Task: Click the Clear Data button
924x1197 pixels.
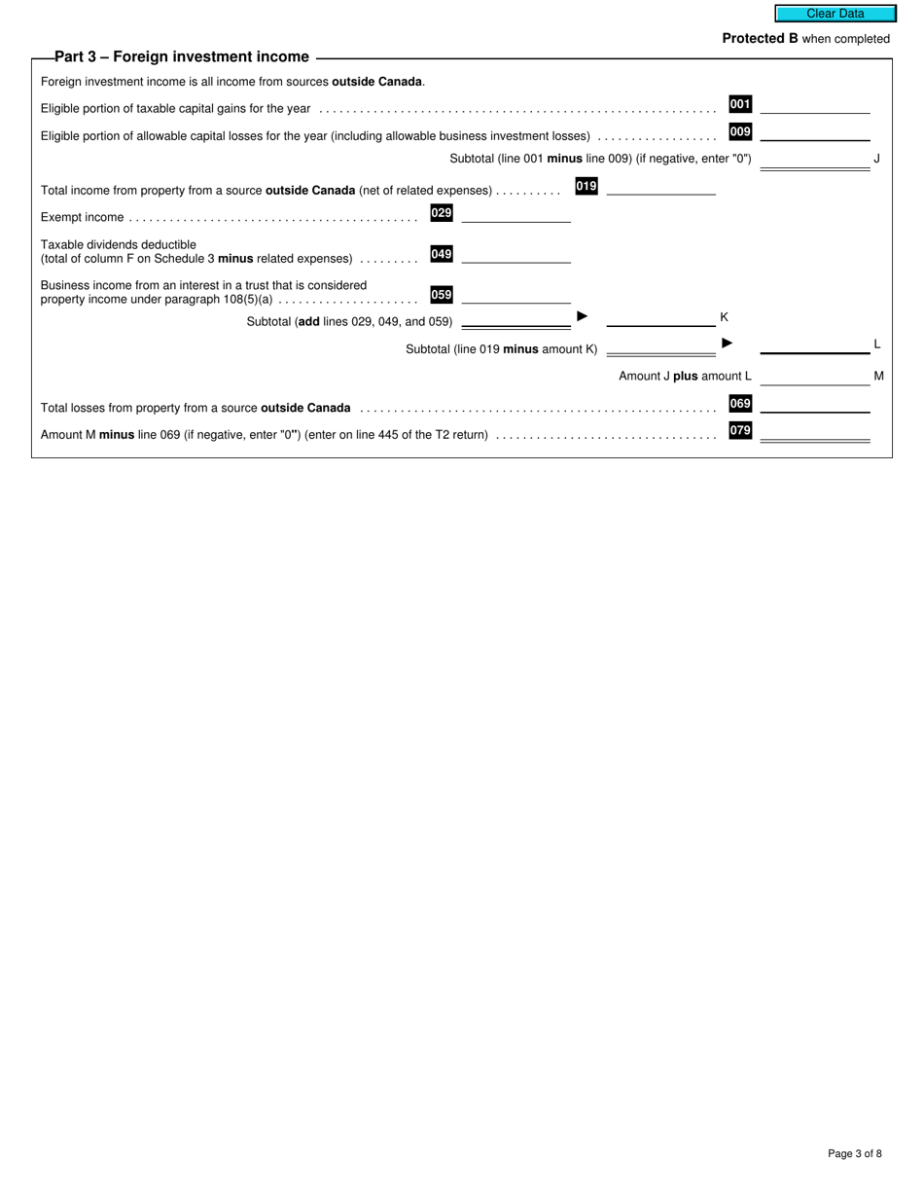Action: pos(835,14)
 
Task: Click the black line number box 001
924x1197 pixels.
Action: pos(740,104)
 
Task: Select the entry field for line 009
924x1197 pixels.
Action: pos(815,132)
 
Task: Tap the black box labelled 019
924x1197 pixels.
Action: pos(586,186)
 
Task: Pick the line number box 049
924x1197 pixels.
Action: pos(442,254)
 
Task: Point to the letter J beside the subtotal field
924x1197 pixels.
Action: pos(876,158)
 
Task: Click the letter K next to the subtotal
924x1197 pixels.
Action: pos(724,317)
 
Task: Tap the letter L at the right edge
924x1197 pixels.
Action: pos(876,344)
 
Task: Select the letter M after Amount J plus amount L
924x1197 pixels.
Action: pos(878,376)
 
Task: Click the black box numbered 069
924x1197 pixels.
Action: pos(740,403)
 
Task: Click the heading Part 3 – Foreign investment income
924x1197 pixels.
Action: pos(182,57)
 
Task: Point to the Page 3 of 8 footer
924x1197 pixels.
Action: pos(855,1154)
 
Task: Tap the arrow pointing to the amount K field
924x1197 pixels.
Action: pos(583,316)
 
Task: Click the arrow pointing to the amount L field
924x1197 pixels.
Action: pos(727,343)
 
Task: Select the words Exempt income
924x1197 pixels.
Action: pos(82,217)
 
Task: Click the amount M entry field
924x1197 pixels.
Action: pos(815,377)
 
